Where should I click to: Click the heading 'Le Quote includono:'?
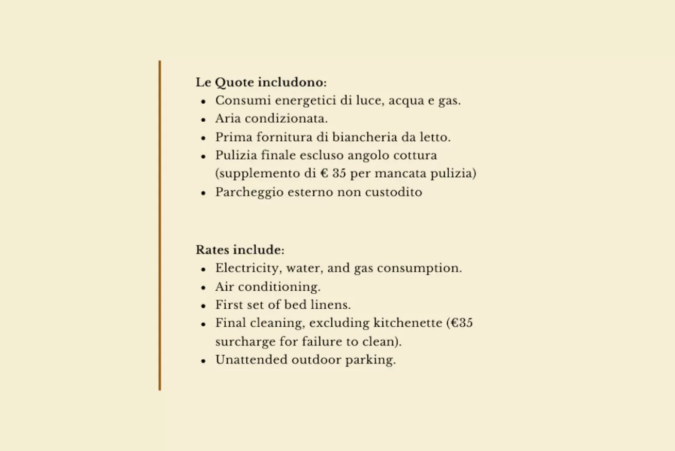click(x=261, y=82)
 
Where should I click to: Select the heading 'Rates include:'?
click(x=240, y=250)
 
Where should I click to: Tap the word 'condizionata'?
click(x=286, y=119)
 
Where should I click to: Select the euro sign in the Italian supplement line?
click(x=324, y=174)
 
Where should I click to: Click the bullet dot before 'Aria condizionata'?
click(x=204, y=120)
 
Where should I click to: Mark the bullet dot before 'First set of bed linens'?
click(x=204, y=306)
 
